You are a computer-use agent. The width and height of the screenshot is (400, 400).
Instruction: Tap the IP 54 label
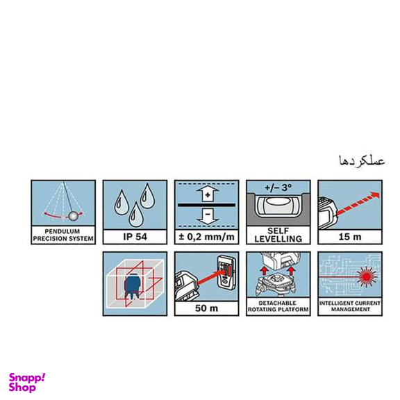[x=135, y=237]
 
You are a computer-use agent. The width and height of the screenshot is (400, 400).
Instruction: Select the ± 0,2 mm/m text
[x=206, y=237]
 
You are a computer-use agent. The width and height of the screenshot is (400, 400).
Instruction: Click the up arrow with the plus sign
[x=206, y=195]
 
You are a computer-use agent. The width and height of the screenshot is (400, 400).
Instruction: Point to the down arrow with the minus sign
[x=206, y=217]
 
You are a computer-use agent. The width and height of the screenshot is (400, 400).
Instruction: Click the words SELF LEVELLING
[x=278, y=237]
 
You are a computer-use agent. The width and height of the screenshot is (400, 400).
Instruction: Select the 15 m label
[x=349, y=237]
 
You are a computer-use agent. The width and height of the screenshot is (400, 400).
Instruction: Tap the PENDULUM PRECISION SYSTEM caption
[x=62, y=236]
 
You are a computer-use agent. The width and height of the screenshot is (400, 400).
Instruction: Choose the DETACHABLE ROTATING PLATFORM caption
[x=278, y=306]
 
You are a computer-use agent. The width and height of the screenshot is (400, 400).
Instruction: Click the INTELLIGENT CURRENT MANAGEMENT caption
[x=349, y=306]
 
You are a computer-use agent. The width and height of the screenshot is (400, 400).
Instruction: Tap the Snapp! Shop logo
[x=27, y=382]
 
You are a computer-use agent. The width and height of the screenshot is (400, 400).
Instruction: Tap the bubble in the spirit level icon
[x=278, y=205]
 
